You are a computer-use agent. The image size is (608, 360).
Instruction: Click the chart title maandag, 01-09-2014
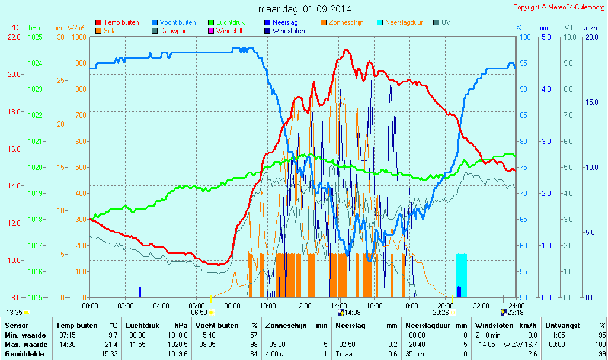point(305,9)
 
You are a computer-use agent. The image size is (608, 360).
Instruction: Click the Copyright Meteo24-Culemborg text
point(559,7)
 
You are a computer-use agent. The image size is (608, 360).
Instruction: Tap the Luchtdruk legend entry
point(233,22)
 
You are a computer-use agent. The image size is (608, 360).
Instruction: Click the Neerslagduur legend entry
point(404,22)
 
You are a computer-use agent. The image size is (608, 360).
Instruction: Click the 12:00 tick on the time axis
point(303,306)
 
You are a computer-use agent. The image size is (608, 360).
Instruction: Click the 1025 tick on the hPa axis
point(35,37)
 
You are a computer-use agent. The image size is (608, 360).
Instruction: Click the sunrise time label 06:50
point(199,312)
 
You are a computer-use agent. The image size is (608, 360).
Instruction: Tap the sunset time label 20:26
point(440,312)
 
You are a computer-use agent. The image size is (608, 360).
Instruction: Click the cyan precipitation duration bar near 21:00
point(462,275)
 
